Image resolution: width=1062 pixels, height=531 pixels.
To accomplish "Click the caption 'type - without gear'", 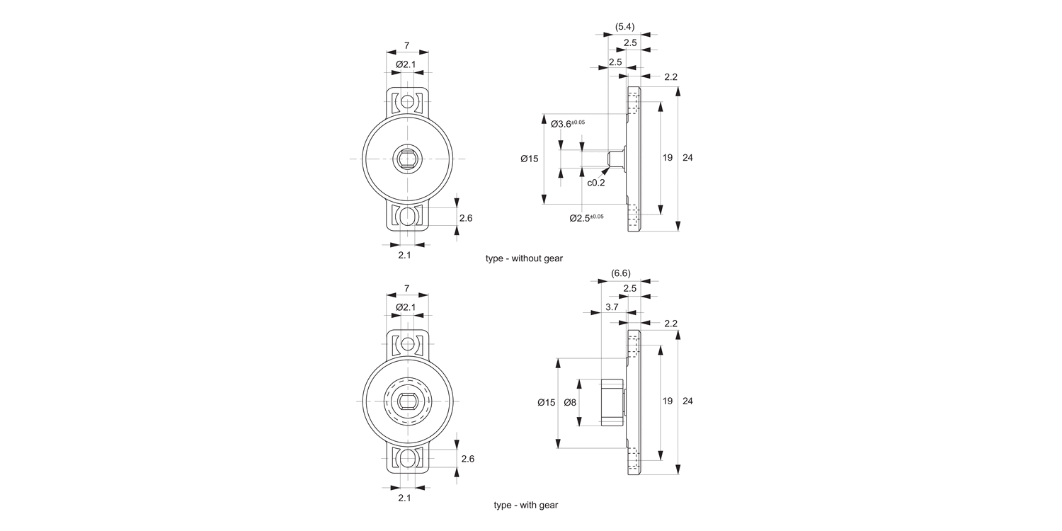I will click(524, 258).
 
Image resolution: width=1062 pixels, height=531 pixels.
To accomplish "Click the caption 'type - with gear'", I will click(526, 505).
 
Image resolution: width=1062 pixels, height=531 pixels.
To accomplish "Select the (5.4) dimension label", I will click(624, 27).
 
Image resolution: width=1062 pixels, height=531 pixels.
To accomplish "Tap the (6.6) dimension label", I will click(620, 273).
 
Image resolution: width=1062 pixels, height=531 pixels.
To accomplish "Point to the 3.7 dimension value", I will click(612, 307).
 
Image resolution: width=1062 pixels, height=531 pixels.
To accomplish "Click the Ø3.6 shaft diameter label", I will click(568, 124).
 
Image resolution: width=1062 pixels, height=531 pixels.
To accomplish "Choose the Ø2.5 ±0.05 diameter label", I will click(586, 217).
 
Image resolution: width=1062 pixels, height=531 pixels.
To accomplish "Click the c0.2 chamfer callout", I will click(596, 182).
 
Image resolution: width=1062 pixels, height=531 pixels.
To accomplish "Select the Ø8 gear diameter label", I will click(570, 402).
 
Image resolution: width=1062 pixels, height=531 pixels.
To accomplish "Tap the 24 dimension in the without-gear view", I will click(687, 157).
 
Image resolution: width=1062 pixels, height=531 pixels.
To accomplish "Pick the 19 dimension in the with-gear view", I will click(667, 401).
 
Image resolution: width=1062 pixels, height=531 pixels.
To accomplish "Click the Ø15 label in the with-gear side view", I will click(547, 402).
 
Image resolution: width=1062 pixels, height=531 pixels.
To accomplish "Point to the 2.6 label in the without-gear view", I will click(466, 218).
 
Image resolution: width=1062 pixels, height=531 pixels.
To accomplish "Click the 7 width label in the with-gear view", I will click(406, 288).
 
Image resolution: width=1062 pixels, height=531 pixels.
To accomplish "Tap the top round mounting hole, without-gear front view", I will click(407, 103).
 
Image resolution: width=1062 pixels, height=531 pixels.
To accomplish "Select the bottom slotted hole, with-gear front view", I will click(407, 459).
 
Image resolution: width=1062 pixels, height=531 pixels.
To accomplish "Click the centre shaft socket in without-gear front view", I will click(407, 159).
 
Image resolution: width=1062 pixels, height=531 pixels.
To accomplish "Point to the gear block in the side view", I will click(612, 402).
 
